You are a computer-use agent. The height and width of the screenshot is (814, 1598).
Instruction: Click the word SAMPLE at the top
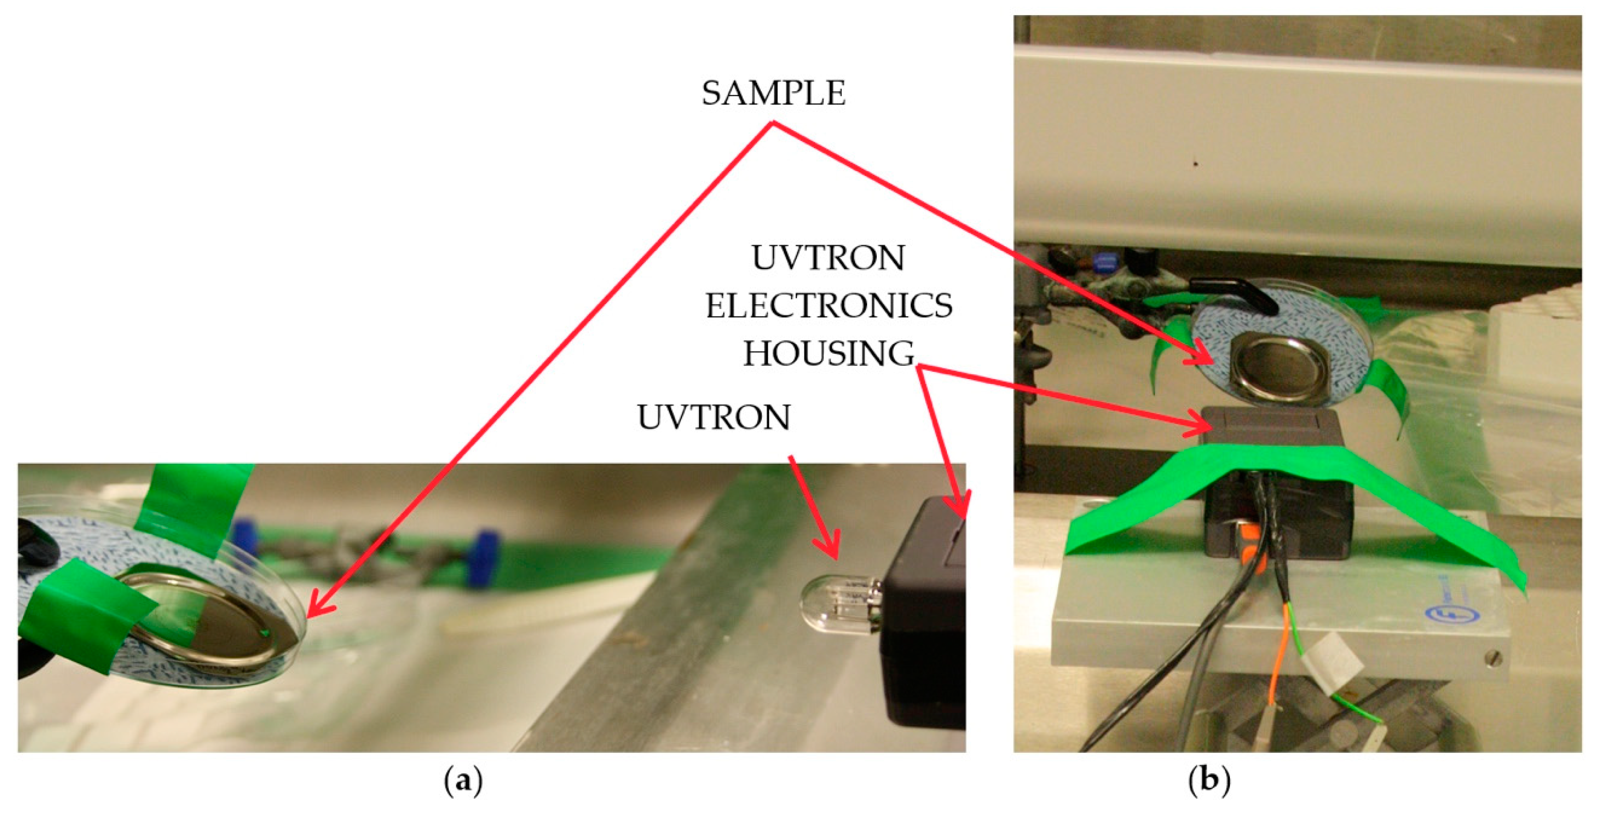[x=773, y=94]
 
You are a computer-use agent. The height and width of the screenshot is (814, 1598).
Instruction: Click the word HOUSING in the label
[x=829, y=354]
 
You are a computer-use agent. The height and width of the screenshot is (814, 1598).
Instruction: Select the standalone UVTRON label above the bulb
[x=713, y=417]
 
